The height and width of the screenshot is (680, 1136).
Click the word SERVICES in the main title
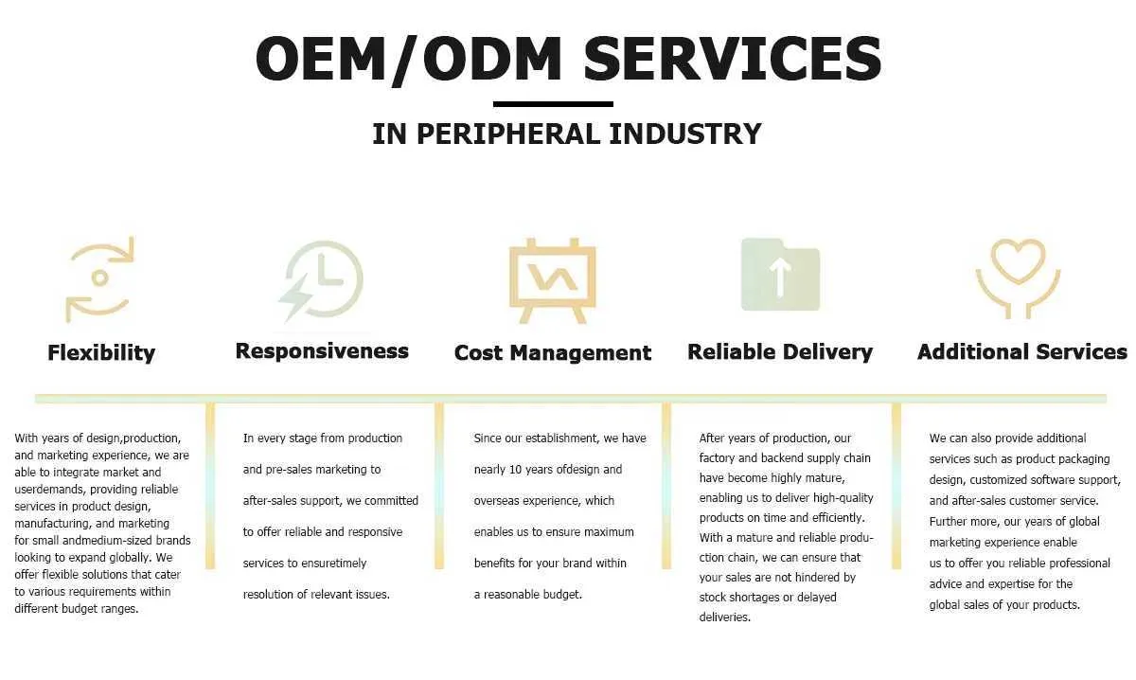[733, 59]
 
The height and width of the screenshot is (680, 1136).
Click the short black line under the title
[553, 104]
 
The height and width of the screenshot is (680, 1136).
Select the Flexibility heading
[101, 353]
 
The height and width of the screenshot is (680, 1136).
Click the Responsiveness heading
[322, 351]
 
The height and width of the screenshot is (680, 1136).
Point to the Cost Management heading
[553, 352]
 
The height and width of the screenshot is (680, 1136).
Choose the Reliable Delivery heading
[780, 352]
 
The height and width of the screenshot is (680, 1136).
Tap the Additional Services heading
[1021, 351]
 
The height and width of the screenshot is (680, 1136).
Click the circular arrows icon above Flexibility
[100, 279]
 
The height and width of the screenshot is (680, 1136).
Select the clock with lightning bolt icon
[321, 280]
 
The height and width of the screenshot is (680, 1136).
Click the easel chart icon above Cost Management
[552, 280]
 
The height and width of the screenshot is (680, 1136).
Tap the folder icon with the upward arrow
[780, 275]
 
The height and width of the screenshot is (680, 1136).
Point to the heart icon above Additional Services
[1018, 278]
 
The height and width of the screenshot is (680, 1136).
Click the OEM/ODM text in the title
[409, 60]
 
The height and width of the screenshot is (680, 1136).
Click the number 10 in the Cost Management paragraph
[515, 470]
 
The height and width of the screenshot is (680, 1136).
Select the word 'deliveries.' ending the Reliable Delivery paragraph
[725, 617]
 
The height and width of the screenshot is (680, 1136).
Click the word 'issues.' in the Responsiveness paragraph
[372, 594]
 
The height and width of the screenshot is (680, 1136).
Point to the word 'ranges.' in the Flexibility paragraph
[121, 609]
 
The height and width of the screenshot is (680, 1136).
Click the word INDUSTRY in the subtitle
[685, 134]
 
